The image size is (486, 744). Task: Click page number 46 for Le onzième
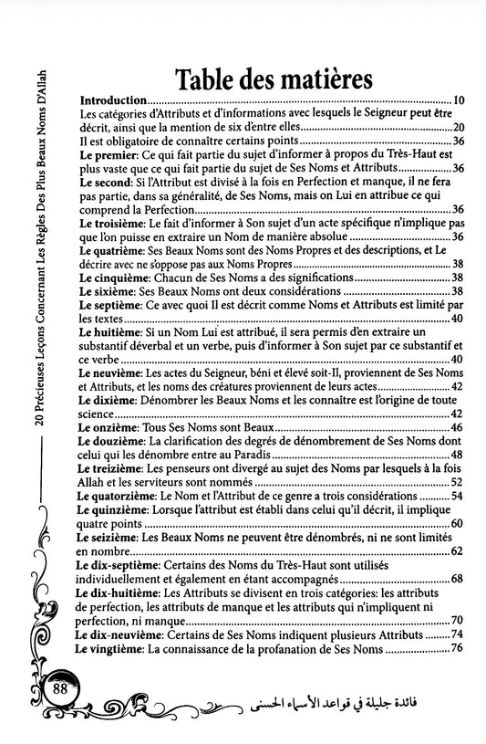pos(459,427)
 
